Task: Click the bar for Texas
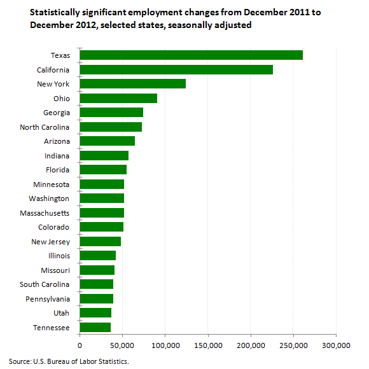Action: pos(191,55)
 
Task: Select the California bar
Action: pos(176,69)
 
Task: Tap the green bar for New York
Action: pos(133,84)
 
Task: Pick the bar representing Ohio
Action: pos(118,99)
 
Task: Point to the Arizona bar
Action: pos(108,141)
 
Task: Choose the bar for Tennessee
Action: pos(95,328)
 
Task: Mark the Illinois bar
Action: pos(98,256)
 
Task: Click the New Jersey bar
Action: pos(101,242)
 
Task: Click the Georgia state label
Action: pos(57,113)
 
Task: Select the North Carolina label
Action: pos(45,127)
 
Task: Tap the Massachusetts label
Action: pos(45,213)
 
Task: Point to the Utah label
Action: pos(62,313)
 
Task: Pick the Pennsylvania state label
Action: pos(48,299)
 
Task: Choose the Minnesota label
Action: pos(52,184)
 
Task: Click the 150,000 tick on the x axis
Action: pos(208,345)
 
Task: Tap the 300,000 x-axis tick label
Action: pos(336,345)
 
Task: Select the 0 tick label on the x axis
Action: pos(80,345)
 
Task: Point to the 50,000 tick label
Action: pos(122,345)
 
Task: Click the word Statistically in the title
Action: pos(55,13)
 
